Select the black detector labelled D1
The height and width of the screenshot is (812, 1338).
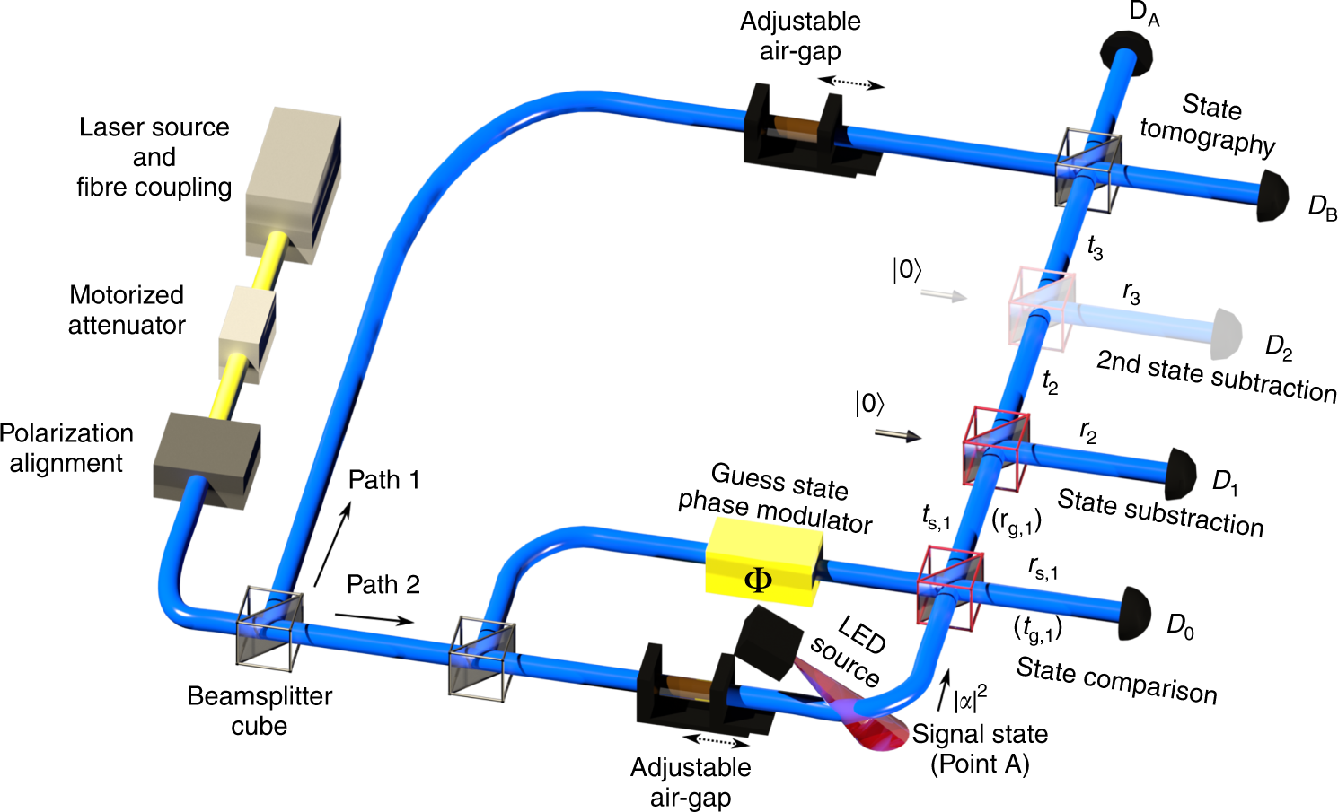pos(1182,474)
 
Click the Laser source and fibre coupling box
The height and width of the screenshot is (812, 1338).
pos(295,179)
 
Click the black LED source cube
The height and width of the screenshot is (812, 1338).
pos(769,640)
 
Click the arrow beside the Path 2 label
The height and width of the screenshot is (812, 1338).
pos(374,618)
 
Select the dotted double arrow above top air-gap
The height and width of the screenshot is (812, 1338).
pos(850,83)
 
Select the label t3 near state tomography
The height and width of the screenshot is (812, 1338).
pos(1095,247)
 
